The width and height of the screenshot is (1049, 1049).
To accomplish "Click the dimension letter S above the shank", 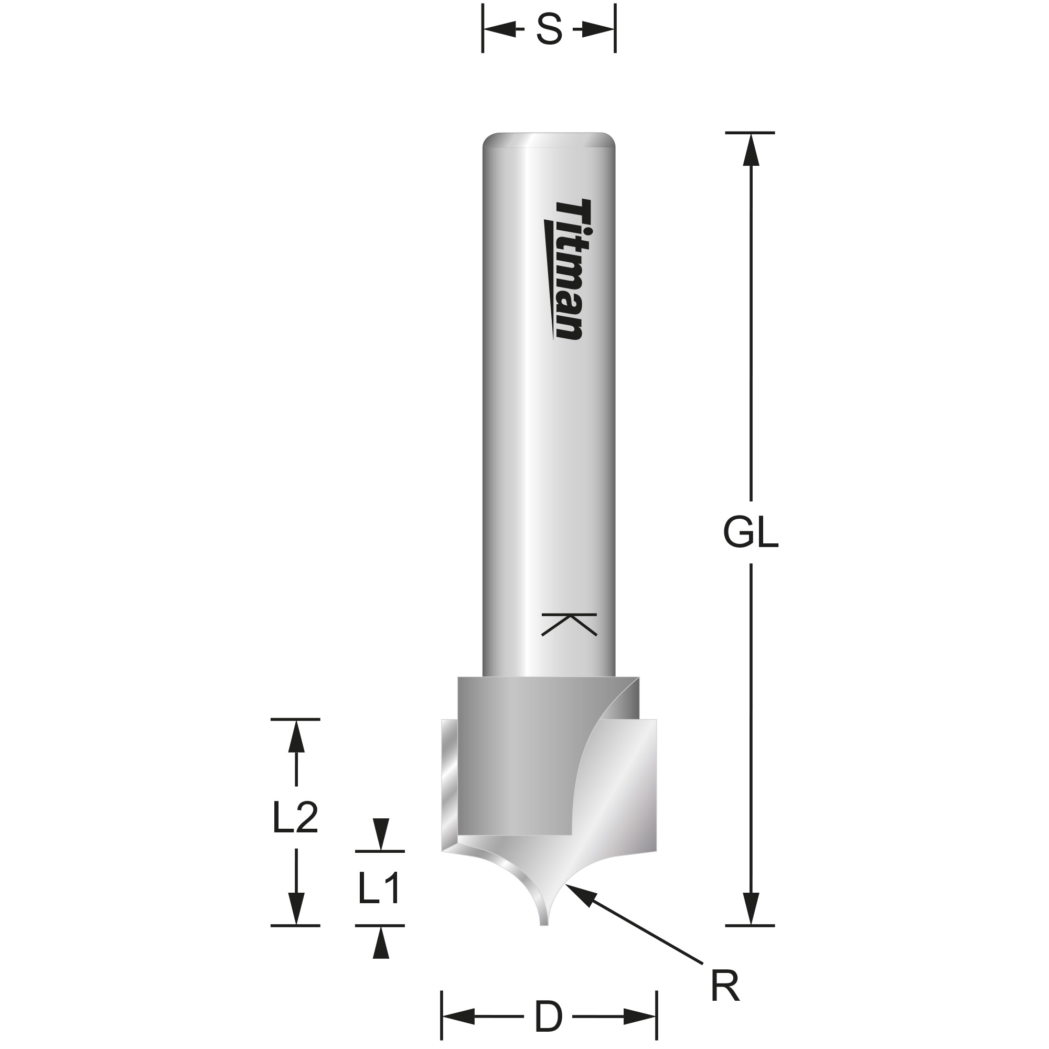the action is (549, 30).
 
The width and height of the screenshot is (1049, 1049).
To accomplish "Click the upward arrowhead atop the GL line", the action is (751, 149).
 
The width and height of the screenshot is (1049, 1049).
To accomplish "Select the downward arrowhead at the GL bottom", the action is (751, 909).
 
